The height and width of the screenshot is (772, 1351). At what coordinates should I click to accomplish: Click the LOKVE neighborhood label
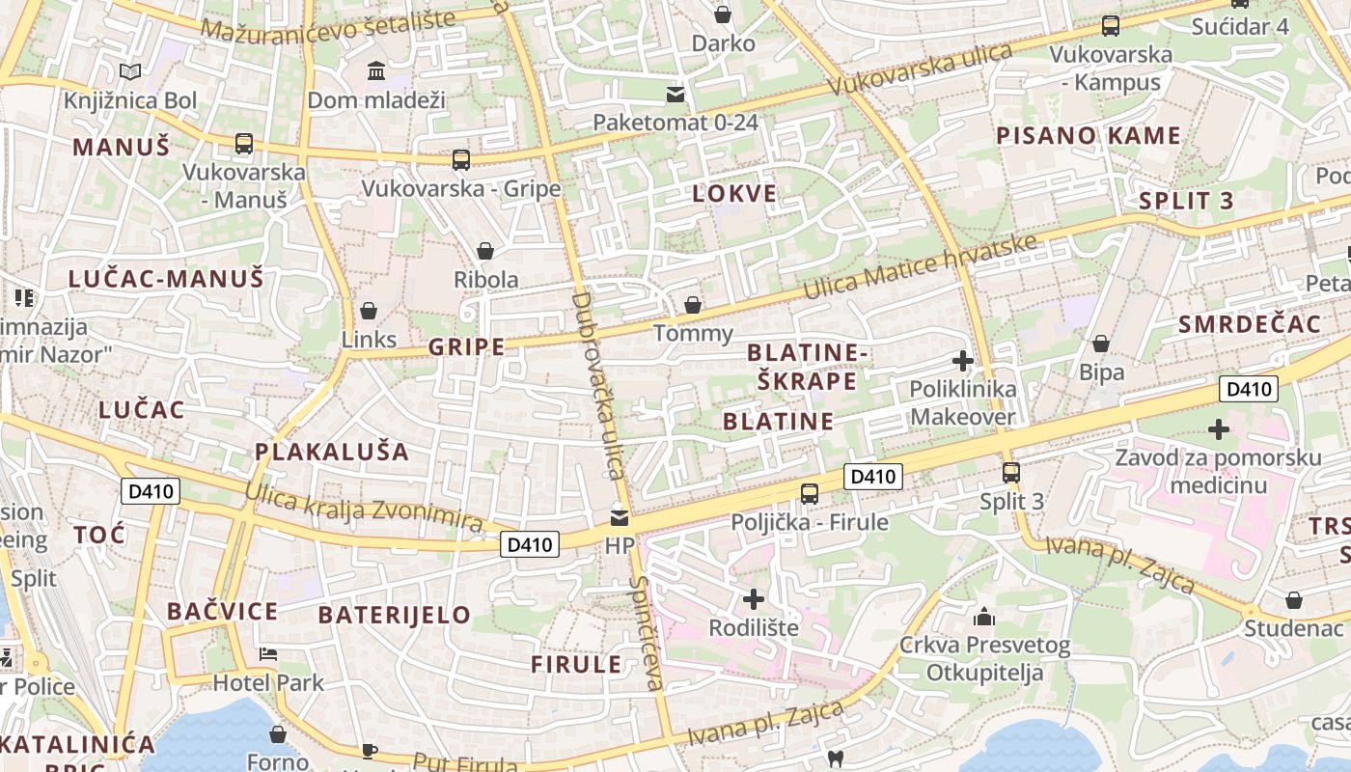734,193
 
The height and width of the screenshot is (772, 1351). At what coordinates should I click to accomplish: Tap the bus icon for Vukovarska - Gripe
461,159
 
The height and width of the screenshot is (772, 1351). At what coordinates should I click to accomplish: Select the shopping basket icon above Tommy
693,305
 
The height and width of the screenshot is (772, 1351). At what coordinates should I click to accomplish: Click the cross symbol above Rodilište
754,599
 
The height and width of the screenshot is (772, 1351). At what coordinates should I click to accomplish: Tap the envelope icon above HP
619,517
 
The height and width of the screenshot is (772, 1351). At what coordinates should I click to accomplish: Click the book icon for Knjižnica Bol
130,71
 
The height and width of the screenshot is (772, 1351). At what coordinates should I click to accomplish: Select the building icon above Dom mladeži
376,70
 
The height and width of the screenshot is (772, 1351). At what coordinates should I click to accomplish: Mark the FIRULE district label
576,664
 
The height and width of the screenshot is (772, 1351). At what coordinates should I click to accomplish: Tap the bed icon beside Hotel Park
268,654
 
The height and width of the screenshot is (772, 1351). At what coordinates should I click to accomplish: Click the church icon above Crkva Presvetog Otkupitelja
984,616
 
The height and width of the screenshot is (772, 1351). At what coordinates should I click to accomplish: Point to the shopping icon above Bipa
1101,344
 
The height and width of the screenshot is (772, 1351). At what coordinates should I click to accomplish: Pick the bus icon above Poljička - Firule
809,493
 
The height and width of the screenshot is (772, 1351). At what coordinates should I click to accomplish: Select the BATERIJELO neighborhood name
394,615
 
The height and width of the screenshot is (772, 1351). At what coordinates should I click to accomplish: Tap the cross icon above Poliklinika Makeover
962,361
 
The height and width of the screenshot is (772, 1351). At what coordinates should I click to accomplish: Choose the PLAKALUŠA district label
332,452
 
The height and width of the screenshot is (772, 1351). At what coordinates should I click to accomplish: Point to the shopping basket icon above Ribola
485,251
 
